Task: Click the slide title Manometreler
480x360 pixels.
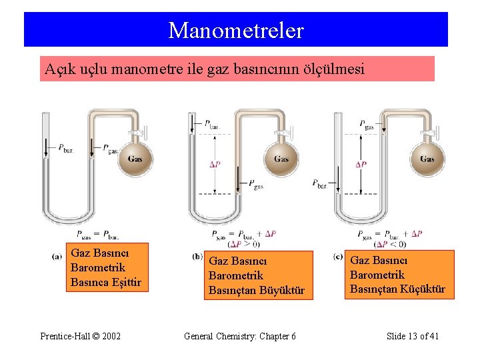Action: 236,30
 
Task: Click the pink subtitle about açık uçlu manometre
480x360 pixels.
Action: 237,68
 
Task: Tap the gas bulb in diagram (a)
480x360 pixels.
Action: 135,159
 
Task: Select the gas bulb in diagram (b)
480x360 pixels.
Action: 281,159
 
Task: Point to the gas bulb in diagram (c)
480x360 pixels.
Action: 427,159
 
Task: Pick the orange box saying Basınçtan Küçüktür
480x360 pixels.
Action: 397,275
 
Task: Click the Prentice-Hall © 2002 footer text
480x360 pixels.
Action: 80,336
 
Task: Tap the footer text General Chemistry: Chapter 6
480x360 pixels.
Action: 239,336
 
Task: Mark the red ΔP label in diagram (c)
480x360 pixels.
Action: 361,164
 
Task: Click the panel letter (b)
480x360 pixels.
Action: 197,256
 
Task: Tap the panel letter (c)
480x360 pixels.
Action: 339,257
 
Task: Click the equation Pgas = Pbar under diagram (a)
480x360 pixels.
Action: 97,234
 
